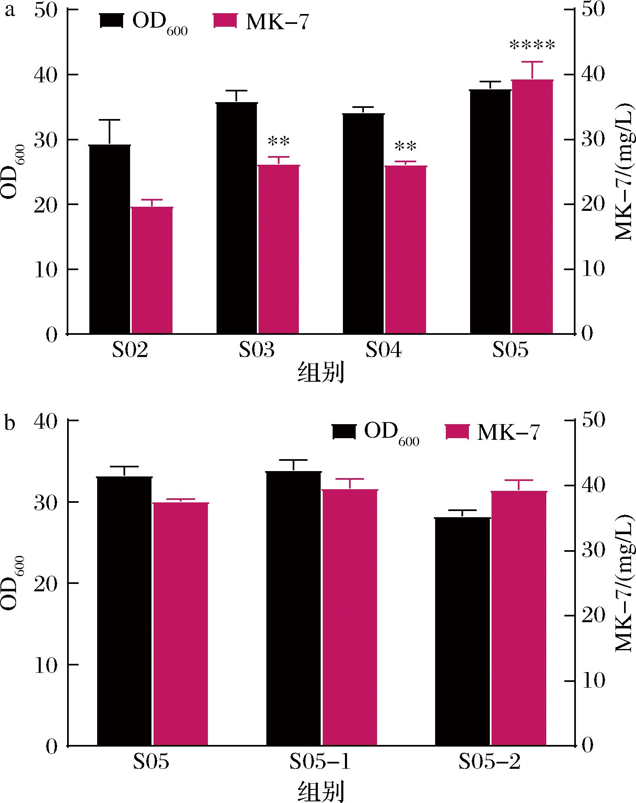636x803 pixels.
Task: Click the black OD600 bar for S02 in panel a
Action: pos(110,239)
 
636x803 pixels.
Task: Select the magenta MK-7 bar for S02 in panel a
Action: pos(152,270)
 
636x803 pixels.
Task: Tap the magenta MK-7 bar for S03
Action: pos(279,249)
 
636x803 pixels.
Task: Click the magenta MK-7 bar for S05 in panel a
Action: pos(532,206)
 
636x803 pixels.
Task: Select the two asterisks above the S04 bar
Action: pos(405,147)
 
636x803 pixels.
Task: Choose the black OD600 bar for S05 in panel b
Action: pos(124,611)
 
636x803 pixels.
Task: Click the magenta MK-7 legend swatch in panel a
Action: pos(225,21)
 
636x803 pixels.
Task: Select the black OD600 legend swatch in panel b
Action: pos(344,432)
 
